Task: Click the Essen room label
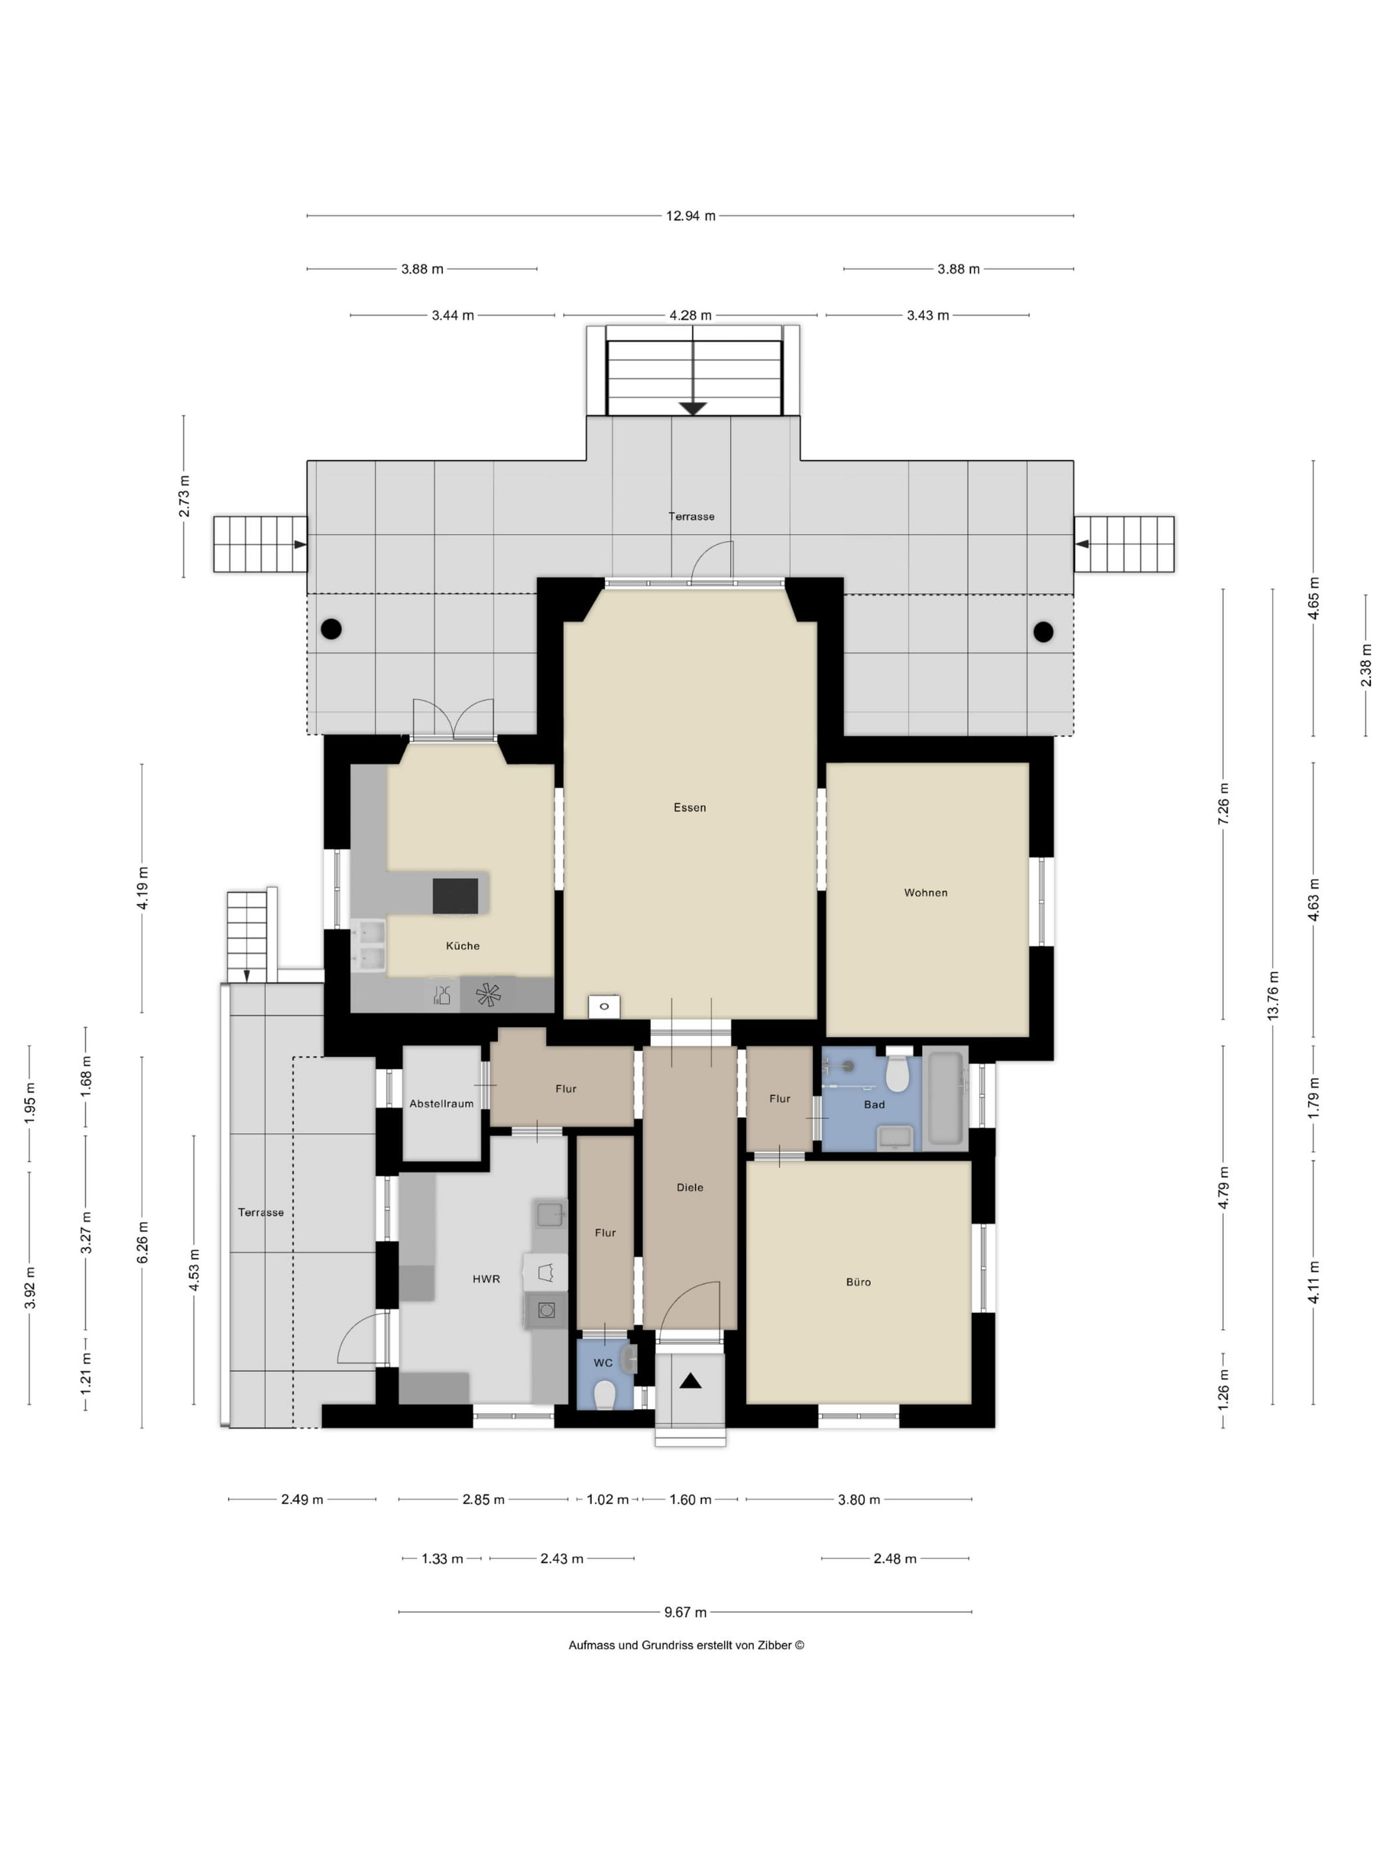(x=690, y=807)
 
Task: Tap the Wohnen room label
(x=926, y=892)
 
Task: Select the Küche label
(x=462, y=945)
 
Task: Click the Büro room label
(x=858, y=1281)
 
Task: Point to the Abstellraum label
(x=442, y=1103)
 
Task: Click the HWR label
(x=486, y=1278)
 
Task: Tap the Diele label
(x=690, y=1186)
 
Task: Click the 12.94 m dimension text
(x=690, y=216)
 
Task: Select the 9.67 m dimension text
(x=686, y=1612)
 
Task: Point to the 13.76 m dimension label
(x=1272, y=996)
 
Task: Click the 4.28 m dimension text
(x=690, y=316)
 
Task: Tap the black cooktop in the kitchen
(x=456, y=895)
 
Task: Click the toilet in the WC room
(x=605, y=1395)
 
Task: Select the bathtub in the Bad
(x=945, y=1097)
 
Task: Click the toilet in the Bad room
(x=898, y=1073)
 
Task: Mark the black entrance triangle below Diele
(x=690, y=1380)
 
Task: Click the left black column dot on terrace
(x=331, y=628)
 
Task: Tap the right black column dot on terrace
(x=1044, y=632)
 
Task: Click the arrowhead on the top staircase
(x=693, y=409)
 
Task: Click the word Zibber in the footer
(x=775, y=1645)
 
